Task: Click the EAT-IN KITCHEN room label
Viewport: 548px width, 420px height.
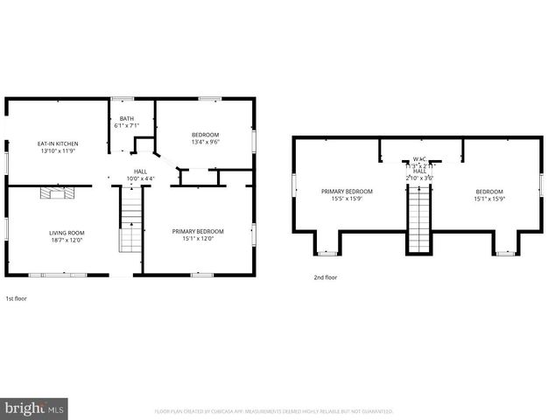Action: pyautogui.click(x=58, y=143)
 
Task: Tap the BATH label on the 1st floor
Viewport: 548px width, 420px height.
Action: pyautogui.click(x=127, y=118)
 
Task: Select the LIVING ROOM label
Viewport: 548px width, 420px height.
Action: pyautogui.click(x=65, y=231)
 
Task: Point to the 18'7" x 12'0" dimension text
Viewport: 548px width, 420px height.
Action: pyautogui.click(x=65, y=239)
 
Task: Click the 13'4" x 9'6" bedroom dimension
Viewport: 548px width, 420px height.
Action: pyautogui.click(x=206, y=142)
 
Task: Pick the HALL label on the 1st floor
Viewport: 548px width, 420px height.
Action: pyautogui.click(x=140, y=171)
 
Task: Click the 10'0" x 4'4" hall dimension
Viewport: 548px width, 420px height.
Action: pyautogui.click(x=140, y=179)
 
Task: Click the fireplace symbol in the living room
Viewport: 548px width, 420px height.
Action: pyautogui.click(x=53, y=193)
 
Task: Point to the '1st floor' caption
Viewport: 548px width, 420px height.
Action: pyautogui.click(x=16, y=297)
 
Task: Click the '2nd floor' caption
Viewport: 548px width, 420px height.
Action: pyautogui.click(x=325, y=277)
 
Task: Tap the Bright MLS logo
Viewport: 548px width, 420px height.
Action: pyautogui.click(x=34, y=408)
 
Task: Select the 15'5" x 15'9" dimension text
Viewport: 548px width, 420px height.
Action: pyautogui.click(x=348, y=199)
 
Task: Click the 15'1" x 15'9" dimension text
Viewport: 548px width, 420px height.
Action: pyautogui.click(x=489, y=199)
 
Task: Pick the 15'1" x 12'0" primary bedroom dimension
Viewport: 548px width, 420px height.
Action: pyautogui.click(x=198, y=239)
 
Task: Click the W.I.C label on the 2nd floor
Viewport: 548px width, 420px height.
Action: pyautogui.click(x=419, y=160)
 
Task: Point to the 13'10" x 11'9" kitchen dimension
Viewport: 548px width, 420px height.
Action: pyautogui.click(x=58, y=150)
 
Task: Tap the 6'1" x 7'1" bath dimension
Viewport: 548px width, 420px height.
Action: pyautogui.click(x=127, y=126)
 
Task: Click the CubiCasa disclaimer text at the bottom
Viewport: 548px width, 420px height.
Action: pyautogui.click(x=274, y=410)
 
